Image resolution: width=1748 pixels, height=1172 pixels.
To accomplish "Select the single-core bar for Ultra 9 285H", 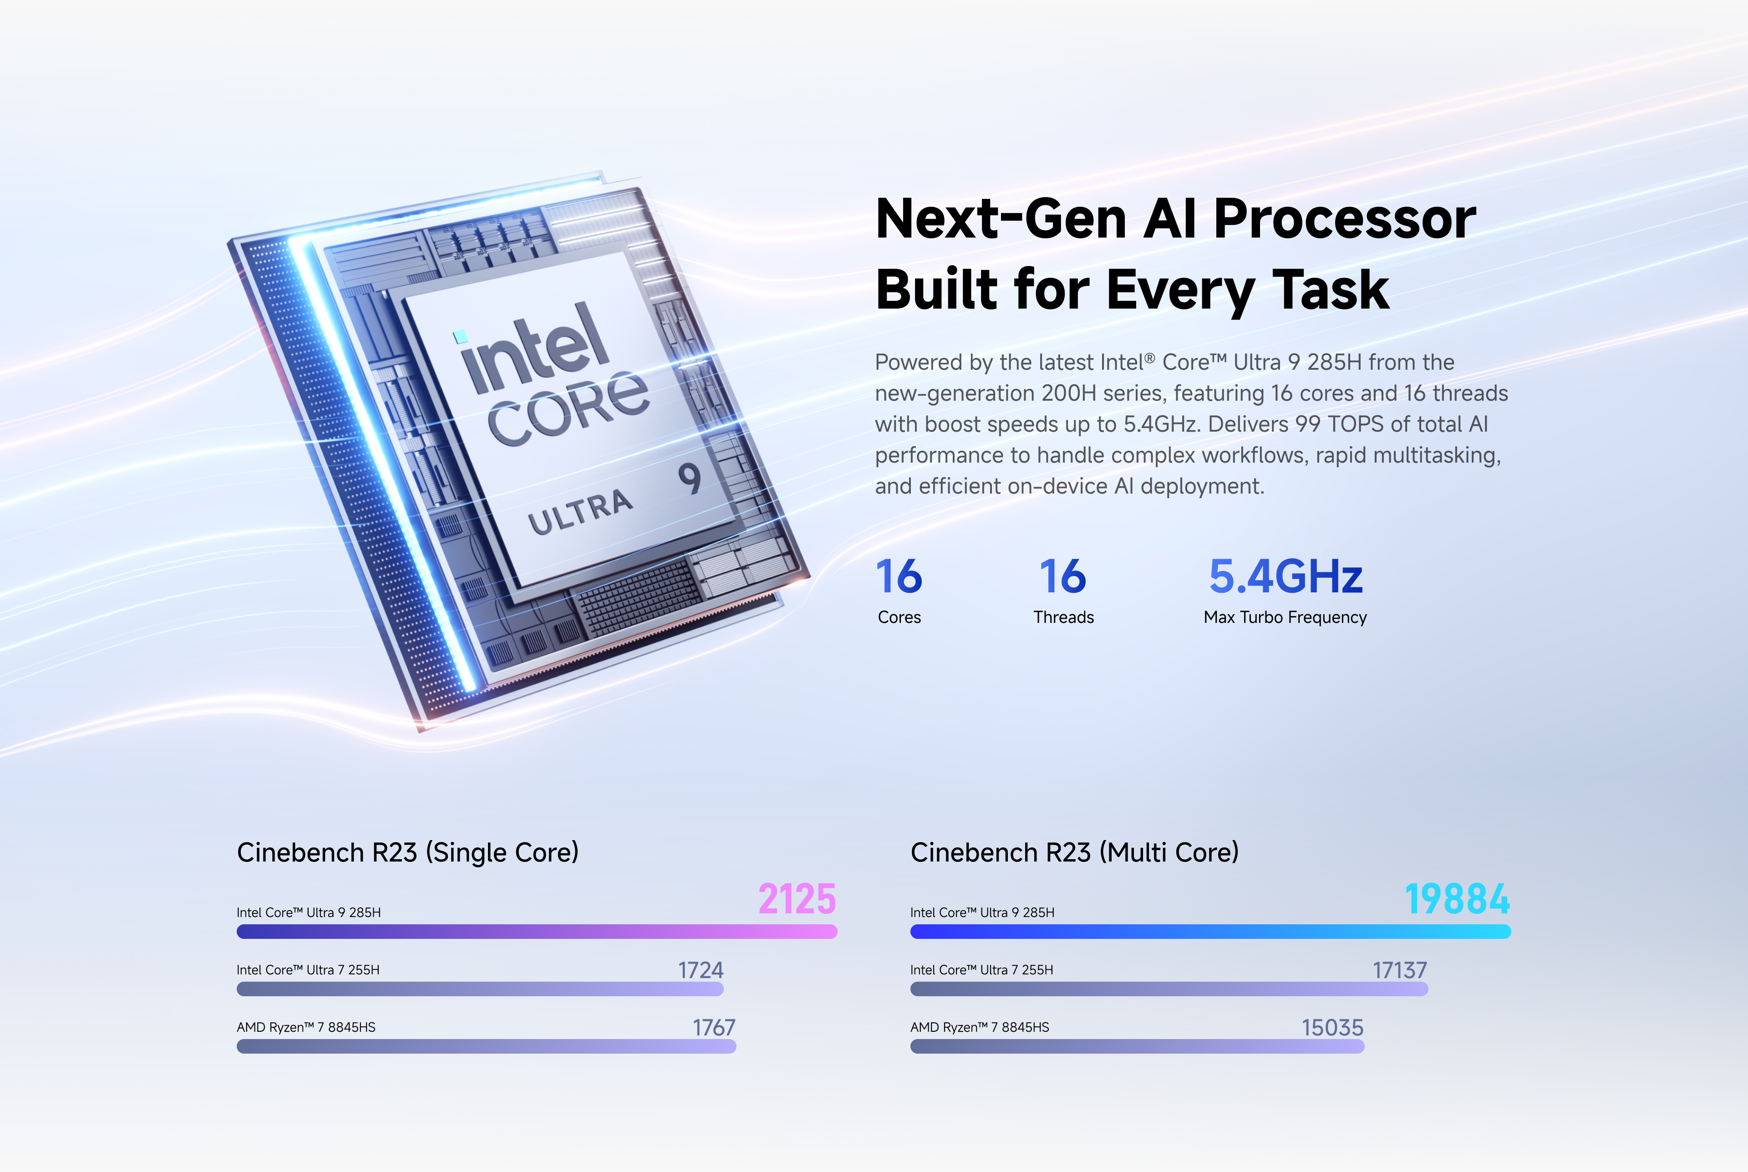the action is tap(537, 931).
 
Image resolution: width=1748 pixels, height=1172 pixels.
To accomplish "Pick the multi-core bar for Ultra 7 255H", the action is tap(1169, 989).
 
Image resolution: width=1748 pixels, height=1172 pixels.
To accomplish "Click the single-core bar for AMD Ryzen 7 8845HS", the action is tap(487, 1046).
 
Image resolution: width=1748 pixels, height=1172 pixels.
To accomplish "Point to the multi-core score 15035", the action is tap(1332, 1028).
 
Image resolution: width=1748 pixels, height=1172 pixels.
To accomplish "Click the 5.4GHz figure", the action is tap(1286, 576).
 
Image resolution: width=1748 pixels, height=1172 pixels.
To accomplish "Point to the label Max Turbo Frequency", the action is tap(1286, 617).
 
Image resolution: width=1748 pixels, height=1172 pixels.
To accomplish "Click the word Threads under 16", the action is tap(1063, 617).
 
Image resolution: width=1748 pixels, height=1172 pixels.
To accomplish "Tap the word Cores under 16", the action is tap(899, 617).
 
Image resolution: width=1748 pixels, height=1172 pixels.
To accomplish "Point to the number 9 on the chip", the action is tap(690, 479).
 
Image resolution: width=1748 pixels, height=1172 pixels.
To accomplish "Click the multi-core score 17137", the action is tap(1400, 970).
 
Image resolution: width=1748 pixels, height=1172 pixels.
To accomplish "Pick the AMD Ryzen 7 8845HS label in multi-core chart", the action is tap(980, 1028).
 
